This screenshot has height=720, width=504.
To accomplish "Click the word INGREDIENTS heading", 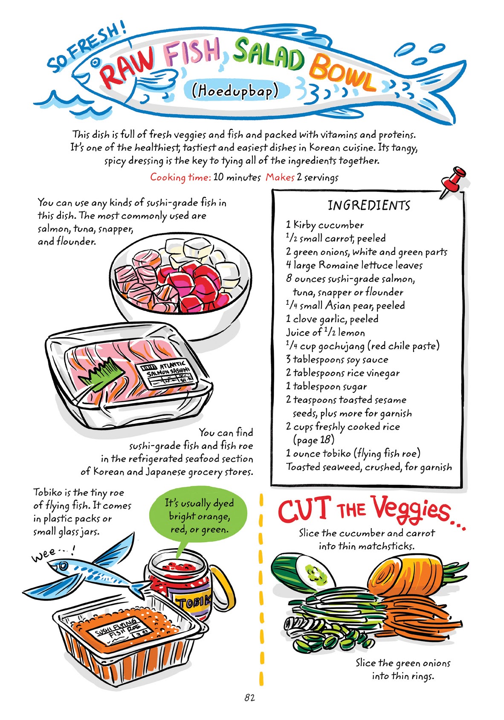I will point(369,205).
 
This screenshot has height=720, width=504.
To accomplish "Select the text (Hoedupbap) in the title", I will point(235,90).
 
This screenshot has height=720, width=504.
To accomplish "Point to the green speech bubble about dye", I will point(199,517).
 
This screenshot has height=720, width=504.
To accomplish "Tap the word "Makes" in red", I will point(280,177).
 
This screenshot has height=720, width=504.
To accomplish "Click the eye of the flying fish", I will point(64,567).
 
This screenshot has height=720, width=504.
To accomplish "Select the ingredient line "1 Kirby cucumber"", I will point(325,225).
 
